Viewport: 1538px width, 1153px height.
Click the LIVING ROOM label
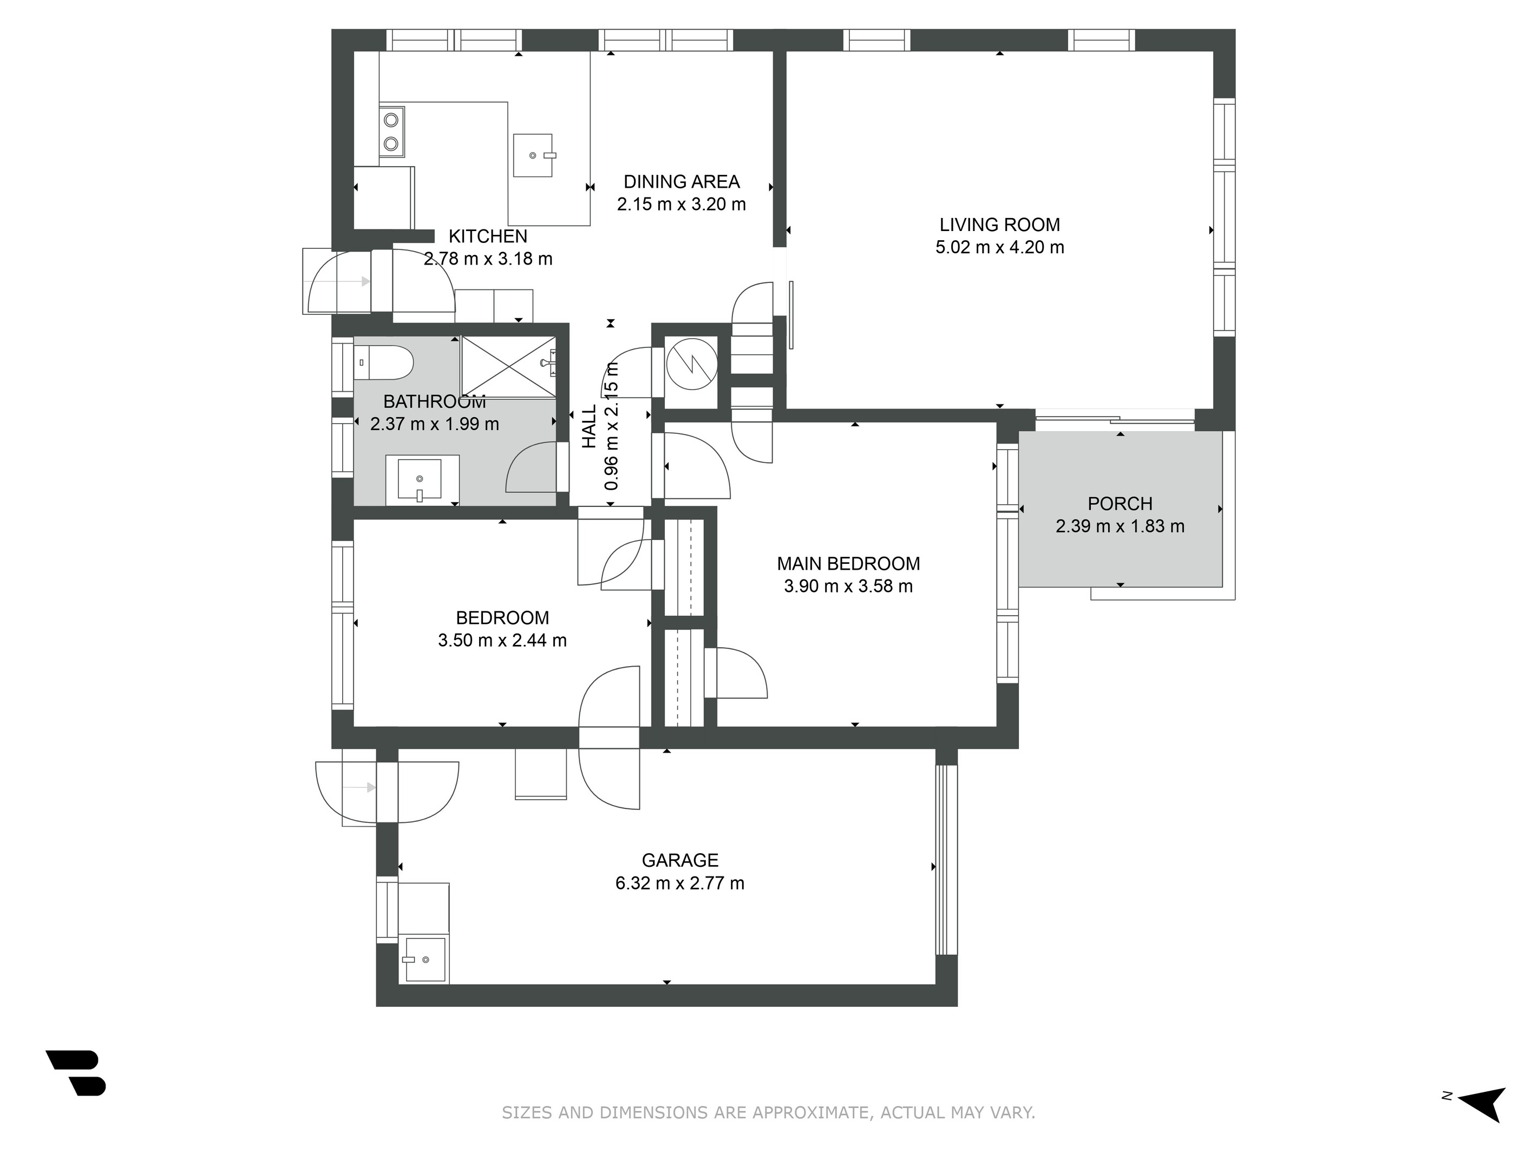(x=999, y=225)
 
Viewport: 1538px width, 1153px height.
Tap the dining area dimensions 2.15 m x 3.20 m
(x=682, y=205)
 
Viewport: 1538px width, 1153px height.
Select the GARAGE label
(x=680, y=860)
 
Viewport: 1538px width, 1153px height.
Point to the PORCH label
(x=1120, y=503)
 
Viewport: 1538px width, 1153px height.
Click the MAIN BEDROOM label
(x=848, y=564)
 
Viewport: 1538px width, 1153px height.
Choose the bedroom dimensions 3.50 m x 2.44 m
(x=502, y=640)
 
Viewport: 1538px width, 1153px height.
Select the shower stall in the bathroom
(x=509, y=366)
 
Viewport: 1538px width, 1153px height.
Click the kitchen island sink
(x=533, y=156)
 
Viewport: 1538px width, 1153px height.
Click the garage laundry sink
(x=425, y=959)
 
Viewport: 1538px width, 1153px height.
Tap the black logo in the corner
(x=76, y=1072)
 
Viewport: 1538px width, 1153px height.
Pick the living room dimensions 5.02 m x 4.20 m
(x=999, y=247)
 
